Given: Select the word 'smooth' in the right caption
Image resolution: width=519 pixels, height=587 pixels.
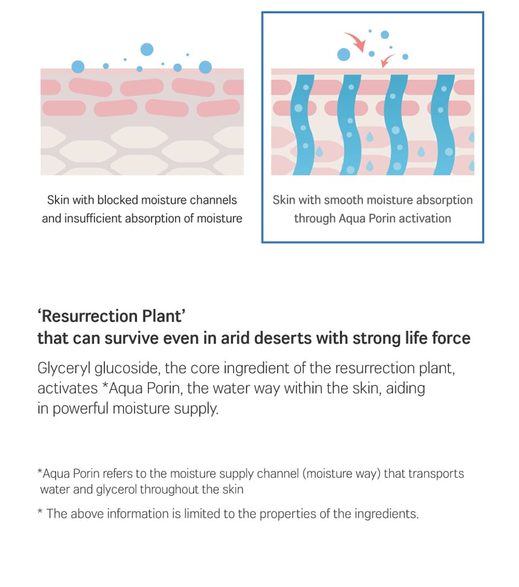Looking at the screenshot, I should [x=344, y=200].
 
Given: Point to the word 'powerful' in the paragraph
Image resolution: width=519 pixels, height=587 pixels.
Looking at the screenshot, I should [x=80, y=408].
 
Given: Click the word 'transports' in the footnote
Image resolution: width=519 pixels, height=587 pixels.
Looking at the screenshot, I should [x=436, y=474].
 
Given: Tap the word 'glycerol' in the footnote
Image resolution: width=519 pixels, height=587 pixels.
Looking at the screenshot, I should [x=116, y=489].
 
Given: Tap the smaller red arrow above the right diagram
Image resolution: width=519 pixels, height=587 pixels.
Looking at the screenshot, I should [x=387, y=59].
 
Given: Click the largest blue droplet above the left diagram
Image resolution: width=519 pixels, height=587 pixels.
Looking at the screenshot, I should [x=147, y=49].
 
